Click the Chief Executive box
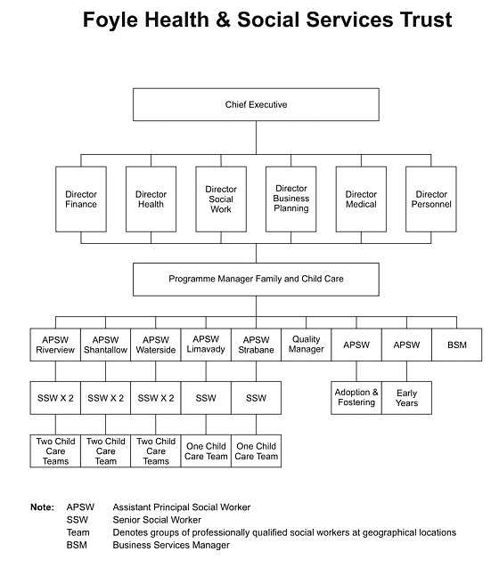(x=256, y=104)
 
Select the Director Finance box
(x=81, y=199)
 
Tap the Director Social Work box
(x=221, y=199)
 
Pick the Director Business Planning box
(x=290, y=199)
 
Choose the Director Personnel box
(x=430, y=199)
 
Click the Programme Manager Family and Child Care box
(x=256, y=280)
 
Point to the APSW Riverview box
(x=55, y=345)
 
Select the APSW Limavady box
(x=206, y=345)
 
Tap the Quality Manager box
(x=306, y=345)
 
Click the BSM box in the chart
(x=457, y=345)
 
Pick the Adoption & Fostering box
(x=356, y=398)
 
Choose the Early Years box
(x=406, y=398)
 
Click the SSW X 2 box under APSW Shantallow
(x=105, y=398)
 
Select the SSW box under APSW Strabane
(x=256, y=398)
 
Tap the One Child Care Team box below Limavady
(x=206, y=451)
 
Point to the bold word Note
(x=42, y=507)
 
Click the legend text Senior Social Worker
(x=157, y=520)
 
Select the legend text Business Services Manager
(x=171, y=545)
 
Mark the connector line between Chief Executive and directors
(x=256, y=138)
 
